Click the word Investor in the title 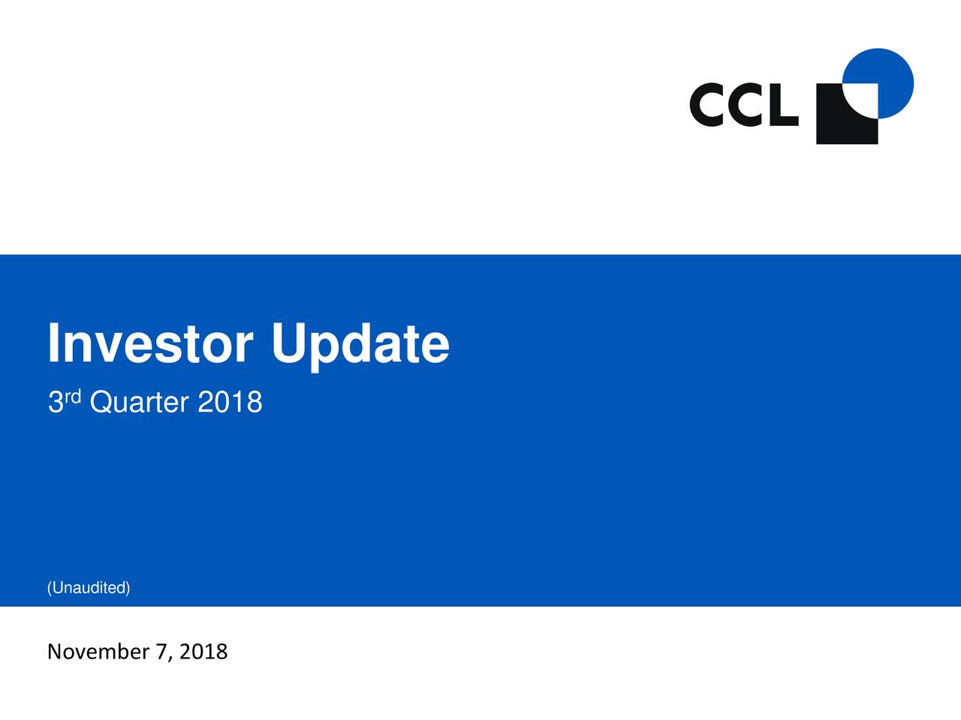pyautogui.click(x=149, y=344)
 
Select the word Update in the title pyautogui.click(x=360, y=344)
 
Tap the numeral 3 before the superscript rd pyautogui.click(x=55, y=403)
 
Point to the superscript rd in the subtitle pyautogui.click(x=73, y=395)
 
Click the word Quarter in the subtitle pyautogui.click(x=139, y=403)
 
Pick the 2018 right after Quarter pyautogui.click(x=230, y=403)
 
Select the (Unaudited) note pyautogui.click(x=89, y=588)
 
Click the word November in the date pyautogui.click(x=98, y=652)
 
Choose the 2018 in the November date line pyautogui.click(x=203, y=652)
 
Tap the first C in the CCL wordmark pyautogui.click(x=708, y=106)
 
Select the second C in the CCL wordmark pyautogui.click(x=747, y=106)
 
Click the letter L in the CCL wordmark pyautogui.click(x=782, y=106)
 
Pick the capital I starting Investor pyautogui.click(x=53, y=344)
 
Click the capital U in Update pyautogui.click(x=290, y=344)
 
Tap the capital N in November pyautogui.click(x=55, y=652)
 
